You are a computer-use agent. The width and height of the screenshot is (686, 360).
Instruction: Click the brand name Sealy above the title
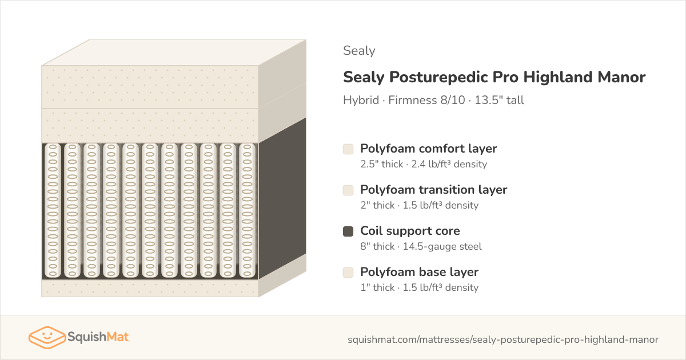pyautogui.click(x=359, y=51)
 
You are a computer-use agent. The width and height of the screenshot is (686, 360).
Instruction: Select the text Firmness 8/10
pyautogui.click(x=426, y=100)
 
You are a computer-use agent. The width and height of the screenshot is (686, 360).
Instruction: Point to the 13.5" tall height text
pyautogui.click(x=499, y=100)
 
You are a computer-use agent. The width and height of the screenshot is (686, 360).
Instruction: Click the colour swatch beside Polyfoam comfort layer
pyautogui.click(x=348, y=149)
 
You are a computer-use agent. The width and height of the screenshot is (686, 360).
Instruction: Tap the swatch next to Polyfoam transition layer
pyautogui.click(x=348, y=190)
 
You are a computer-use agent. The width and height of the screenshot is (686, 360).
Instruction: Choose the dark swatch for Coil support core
pyautogui.click(x=348, y=231)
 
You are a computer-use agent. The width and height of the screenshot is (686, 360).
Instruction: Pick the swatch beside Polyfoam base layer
pyautogui.click(x=348, y=273)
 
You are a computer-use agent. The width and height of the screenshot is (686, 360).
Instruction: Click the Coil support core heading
pyautogui.click(x=410, y=231)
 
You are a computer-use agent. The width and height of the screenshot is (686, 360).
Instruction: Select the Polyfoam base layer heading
pyautogui.click(x=419, y=272)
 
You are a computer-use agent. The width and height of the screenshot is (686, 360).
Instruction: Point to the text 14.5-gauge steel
pyautogui.click(x=442, y=246)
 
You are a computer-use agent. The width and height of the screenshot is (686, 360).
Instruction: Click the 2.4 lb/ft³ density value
pyautogui.click(x=449, y=164)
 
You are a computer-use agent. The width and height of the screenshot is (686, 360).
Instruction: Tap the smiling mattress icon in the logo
pyautogui.click(x=47, y=337)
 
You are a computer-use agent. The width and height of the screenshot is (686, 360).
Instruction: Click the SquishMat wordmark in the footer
pyautogui.click(x=98, y=337)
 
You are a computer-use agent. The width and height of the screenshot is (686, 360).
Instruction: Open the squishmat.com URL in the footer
pyautogui.click(x=503, y=339)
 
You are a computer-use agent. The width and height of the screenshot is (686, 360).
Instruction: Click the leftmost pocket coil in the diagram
pyautogui.click(x=53, y=211)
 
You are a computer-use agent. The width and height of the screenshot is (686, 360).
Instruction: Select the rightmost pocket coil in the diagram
pyautogui.click(x=247, y=211)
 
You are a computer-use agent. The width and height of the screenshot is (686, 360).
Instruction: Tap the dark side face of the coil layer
pyautogui.click(x=282, y=198)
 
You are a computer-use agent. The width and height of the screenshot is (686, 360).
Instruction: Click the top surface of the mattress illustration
pyautogui.click(x=174, y=53)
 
